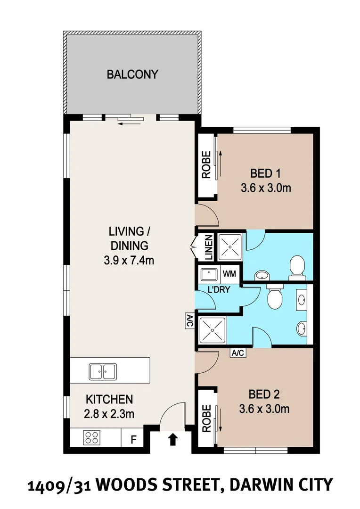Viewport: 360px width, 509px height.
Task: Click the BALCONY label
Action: tap(132, 74)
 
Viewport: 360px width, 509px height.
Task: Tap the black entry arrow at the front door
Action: tap(173, 440)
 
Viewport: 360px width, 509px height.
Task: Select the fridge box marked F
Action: tap(133, 441)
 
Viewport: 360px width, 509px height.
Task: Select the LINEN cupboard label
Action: tap(209, 248)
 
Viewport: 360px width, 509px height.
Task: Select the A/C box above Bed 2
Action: tap(237, 353)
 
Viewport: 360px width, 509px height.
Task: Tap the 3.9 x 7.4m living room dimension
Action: tap(129, 260)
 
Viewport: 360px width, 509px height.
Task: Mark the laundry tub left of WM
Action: tap(209, 274)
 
